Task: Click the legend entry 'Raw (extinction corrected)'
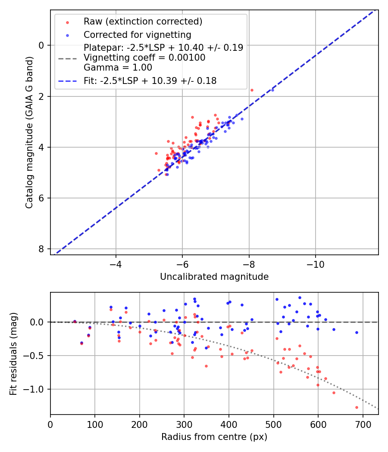pos(143,22)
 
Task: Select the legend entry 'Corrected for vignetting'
pos(137,34)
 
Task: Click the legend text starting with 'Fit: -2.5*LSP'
pos(150,80)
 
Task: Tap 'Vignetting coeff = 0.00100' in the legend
pos(144,58)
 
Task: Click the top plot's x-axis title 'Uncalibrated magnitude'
pos(214,277)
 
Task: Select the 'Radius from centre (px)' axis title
pos(214,437)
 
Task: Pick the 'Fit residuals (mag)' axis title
pos(13,353)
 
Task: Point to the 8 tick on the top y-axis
pos(41,249)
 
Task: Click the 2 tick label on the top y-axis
pos(41,96)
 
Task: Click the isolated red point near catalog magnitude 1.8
pos(252,90)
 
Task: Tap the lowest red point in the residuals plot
pos(357,407)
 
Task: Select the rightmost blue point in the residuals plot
pos(357,332)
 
